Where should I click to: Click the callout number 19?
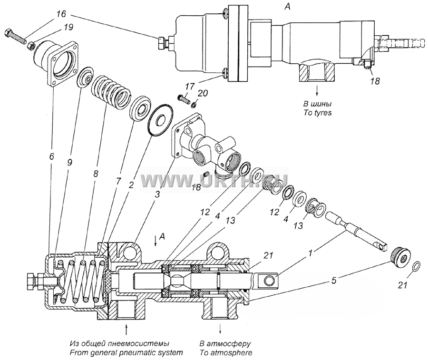point(68,28)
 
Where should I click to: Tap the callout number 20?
point(203,93)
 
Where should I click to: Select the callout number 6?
point(51,156)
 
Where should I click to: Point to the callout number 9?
point(69,163)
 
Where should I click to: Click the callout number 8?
point(95,174)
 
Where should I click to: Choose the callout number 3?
point(157,195)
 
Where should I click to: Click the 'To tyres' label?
point(318,112)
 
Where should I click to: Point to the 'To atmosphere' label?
point(225,352)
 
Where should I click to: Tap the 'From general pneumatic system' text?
point(126,353)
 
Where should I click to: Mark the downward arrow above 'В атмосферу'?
point(220,328)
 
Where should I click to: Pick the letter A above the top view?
point(287,7)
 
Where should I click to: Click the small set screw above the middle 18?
point(207,174)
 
